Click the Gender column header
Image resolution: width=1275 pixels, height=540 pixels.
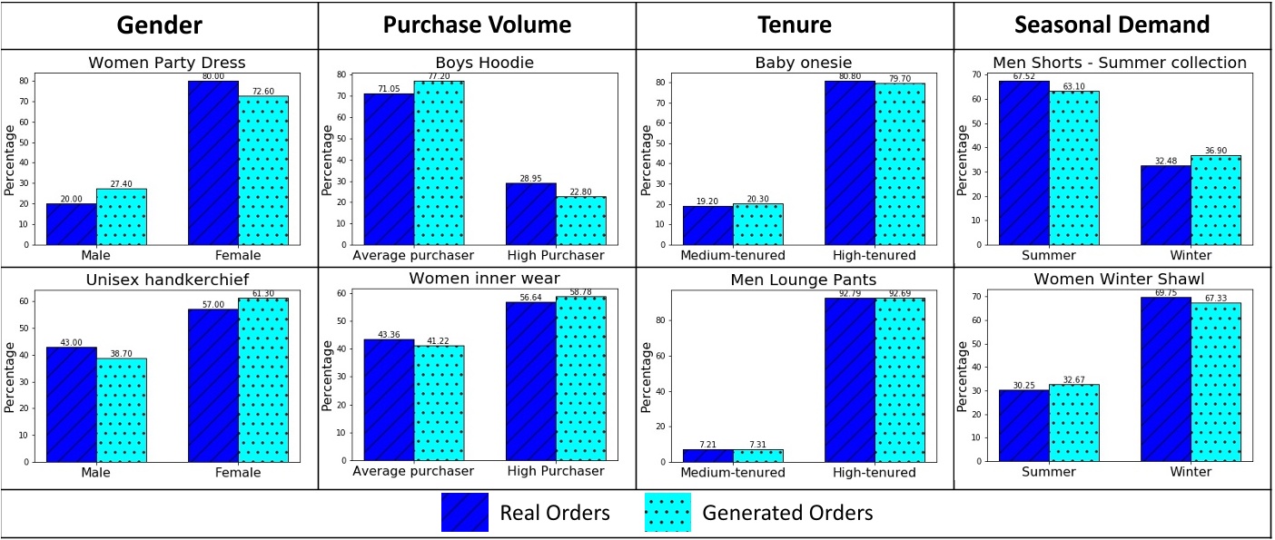159,25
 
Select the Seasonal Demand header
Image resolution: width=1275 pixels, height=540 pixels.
1113,25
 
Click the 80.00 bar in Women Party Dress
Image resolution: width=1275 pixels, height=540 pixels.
213,163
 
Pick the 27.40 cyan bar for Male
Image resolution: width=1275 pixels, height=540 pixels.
122,217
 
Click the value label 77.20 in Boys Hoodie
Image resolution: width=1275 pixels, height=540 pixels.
440,76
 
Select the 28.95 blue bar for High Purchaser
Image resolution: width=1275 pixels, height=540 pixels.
530,214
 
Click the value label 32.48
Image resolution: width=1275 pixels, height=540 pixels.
1165,161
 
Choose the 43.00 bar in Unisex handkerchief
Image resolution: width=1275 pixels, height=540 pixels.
72,404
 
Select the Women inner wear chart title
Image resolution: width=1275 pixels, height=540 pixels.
484,278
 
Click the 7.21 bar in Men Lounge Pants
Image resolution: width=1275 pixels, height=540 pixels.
707,455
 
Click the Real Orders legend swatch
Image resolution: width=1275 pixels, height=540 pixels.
465,513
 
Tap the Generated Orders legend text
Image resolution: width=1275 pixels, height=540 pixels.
787,513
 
